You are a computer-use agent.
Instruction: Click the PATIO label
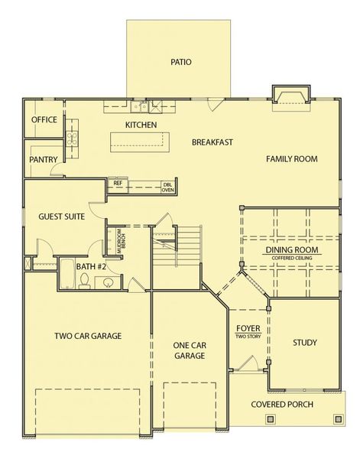(x=181, y=62)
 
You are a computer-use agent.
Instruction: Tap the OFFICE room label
(x=44, y=120)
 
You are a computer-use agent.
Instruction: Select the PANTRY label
(x=44, y=159)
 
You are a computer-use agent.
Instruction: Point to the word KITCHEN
(x=141, y=124)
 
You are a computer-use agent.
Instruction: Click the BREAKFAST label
(x=212, y=142)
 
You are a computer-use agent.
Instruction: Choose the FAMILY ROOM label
(x=291, y=159)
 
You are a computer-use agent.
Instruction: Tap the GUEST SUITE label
(x=61, y=216)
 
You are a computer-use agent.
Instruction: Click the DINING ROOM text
(x=293, y=250)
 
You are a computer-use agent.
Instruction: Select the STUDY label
(x=304, y=343)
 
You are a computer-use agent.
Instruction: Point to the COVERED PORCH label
(x=284, y=404)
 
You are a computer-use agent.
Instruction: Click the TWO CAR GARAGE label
(x=88, y=335)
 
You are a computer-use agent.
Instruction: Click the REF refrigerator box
(x=118, y=184)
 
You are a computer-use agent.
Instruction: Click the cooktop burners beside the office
(x=73, y=139)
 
